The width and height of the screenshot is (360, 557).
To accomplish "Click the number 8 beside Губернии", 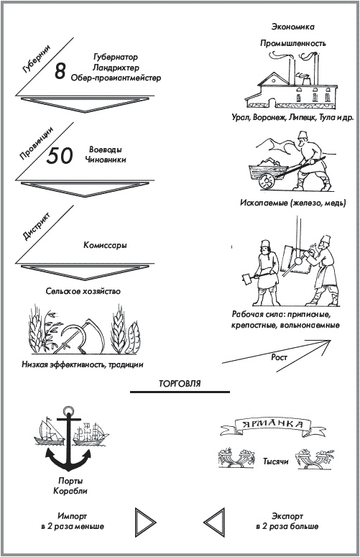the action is [60, 70].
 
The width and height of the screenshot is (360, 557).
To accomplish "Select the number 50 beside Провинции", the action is [60, 155].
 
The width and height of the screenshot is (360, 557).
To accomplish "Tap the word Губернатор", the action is [116, 57].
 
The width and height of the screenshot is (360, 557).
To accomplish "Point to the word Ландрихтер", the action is [116, 68].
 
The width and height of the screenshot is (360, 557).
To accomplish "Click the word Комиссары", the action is [105, 245].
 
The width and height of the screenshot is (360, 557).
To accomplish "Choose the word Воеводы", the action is [106, 149].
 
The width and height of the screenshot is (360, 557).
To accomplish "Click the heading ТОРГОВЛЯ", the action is [180, 384].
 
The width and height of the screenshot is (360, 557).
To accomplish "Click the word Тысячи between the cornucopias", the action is [275, 461].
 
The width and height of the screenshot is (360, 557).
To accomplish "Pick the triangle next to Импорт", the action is [145, 523].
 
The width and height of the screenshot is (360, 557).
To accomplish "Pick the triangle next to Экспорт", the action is [214, 523].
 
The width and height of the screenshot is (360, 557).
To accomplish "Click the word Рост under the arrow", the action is [279, 357].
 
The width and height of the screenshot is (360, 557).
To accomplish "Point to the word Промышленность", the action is [293, 43].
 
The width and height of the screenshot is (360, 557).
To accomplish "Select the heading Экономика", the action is [293, 27].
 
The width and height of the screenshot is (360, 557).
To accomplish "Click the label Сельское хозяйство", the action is [83, 291].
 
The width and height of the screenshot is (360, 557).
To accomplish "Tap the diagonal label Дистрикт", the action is [37, 226].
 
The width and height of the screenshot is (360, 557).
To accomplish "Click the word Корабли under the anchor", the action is [70, 492].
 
